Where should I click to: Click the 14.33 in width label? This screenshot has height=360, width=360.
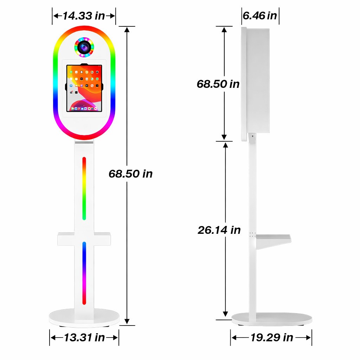[x=84, y=16]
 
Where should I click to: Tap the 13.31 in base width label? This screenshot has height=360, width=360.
[x=84, y=337]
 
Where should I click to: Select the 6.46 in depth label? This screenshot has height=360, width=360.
[x=260, y=16]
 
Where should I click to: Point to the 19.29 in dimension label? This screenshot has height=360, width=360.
[x=271, y=337]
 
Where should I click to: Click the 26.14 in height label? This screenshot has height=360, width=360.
[x=219, y=230]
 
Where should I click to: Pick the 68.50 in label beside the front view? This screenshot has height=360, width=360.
[x=130, y=174]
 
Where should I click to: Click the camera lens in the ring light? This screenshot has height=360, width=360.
[x=84, y=47]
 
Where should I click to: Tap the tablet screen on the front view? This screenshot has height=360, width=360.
[x=84, y=88]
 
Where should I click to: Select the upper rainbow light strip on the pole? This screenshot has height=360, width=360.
[x=84, y=188]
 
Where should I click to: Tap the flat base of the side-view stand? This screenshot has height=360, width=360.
[x=271, y=319]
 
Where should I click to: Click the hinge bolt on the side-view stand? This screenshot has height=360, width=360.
[x=252, y=135]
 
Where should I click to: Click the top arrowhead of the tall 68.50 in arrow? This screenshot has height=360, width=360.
[x=127, y=30]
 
